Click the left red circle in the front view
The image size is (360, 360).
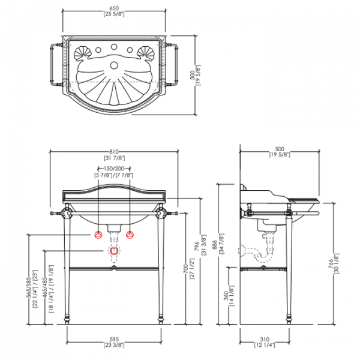[96, 233]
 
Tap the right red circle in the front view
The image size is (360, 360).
[132, 233]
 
